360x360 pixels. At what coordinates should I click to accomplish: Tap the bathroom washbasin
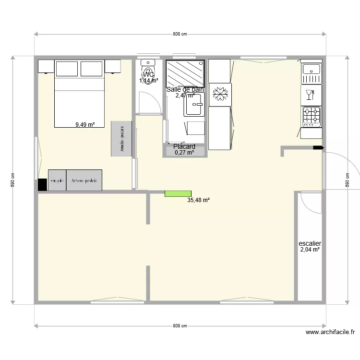(x=194, y=105)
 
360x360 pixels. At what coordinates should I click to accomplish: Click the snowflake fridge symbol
(x=220, y=94)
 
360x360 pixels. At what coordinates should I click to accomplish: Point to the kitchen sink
(x=311, y=73)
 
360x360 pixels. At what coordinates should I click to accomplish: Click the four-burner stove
(x=311, y=116)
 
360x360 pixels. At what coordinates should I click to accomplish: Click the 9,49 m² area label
(x=85, y=125)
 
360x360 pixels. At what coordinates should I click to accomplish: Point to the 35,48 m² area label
(x=198, y=202)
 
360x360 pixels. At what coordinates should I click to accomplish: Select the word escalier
(x=310, y=243)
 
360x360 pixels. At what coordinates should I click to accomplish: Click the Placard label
(x=184, y=147)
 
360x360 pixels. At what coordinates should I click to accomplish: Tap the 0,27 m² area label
(x=184, y=153)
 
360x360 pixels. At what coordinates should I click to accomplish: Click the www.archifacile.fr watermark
(x=330, y=332)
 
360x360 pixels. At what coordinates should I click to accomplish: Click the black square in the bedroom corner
(x=42, y=184)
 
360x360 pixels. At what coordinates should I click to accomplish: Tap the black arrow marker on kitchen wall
(x=318, y=148)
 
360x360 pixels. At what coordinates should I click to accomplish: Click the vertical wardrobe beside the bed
(x=121, y=139)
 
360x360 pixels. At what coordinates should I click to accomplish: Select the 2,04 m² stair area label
(x=310, y=250)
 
